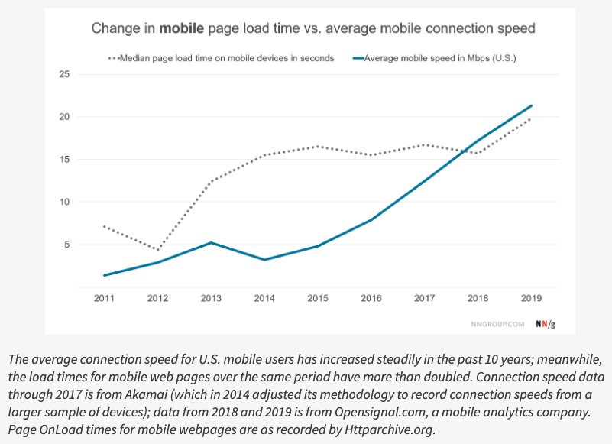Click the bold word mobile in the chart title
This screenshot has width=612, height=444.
(x=182, y=29)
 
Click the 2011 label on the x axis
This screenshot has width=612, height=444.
(x=104, y=298)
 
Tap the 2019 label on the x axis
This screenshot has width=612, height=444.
(x=531, y=298)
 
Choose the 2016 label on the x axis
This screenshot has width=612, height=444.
(x=371, y=298)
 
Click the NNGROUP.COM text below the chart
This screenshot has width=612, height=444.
(x=497, y=324)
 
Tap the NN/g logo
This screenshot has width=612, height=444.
(x=546, y=323)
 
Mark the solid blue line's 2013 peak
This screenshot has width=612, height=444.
(x=211, y=243)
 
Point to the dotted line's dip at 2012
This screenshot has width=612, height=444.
(x=157, y=250)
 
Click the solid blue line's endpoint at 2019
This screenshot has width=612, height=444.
(x=531, y=105)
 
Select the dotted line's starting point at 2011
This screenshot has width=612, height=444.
(x=104, y=227)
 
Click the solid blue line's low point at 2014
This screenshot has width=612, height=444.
(x=264, y=260)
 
